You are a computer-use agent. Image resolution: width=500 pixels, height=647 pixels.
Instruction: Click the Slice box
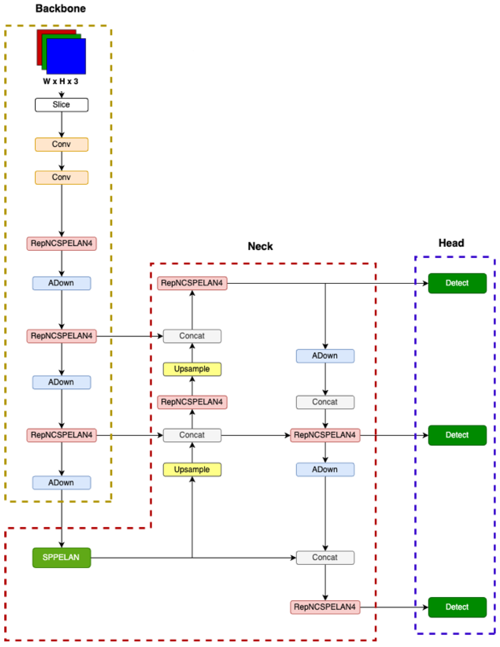click(61, 105)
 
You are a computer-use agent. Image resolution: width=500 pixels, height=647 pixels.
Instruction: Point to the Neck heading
click(260, 246)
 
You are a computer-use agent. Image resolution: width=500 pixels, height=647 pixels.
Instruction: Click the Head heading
click(451, 243)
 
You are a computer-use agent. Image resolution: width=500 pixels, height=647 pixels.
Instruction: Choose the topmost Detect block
click(457, 283)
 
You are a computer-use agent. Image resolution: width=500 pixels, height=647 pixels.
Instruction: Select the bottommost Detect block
click(457, 607)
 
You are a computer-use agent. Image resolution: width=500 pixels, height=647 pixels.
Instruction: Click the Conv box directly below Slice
click(61, 144)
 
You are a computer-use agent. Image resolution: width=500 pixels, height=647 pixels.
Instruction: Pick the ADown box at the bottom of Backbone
click(61, 483)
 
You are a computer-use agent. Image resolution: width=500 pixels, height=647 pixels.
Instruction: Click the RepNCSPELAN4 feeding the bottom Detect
click(325, 607)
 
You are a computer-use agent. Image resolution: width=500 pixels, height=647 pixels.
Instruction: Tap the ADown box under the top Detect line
click(325, 356)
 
